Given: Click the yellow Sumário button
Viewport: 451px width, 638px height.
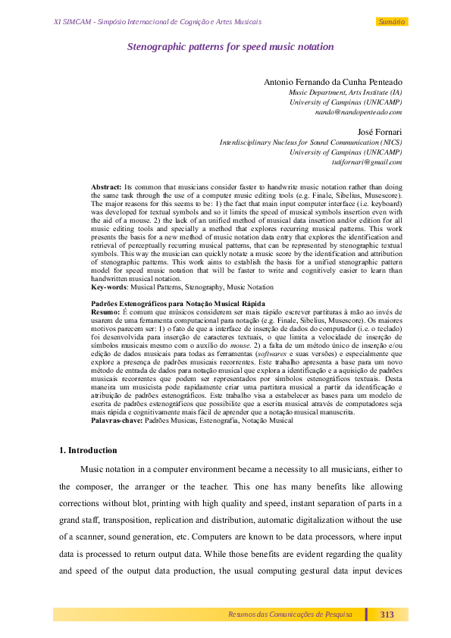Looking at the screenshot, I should [x=392, y=22].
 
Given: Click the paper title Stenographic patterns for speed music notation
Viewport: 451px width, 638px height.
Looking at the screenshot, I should [x=230, y=47].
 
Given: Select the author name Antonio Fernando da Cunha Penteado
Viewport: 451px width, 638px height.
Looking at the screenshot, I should [x=333, y=81].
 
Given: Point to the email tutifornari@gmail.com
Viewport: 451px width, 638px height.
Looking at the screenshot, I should [x=367, y=161].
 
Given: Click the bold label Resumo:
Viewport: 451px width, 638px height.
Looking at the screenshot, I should [x=105, y=311].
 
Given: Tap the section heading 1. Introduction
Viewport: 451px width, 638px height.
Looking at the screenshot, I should [x=88, y=450].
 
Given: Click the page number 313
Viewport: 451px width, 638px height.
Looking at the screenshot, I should [x=387, y=615].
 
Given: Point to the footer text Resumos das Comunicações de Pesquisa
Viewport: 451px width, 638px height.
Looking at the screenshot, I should [x=290, y=615].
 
